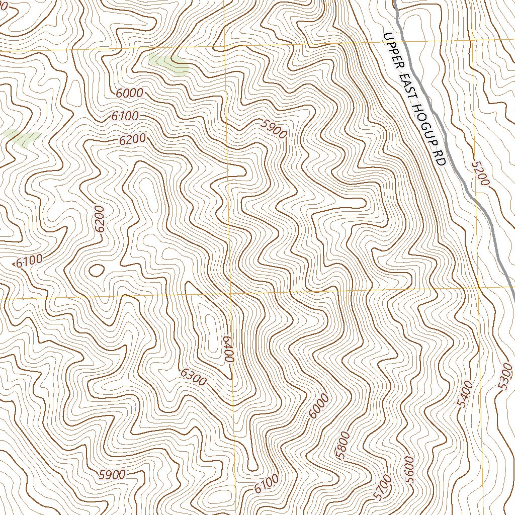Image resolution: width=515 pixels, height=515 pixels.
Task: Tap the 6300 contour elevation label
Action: click(193, 377)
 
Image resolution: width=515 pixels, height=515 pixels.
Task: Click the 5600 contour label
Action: click(408, 469)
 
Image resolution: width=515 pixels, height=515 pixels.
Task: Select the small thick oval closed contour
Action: click(96, 271)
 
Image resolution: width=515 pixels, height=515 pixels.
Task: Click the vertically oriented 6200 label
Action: click(100, 219)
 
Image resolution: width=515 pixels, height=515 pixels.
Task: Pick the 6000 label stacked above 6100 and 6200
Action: click(129, 93)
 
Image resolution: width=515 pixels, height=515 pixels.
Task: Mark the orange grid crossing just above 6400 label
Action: click(230, 293)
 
